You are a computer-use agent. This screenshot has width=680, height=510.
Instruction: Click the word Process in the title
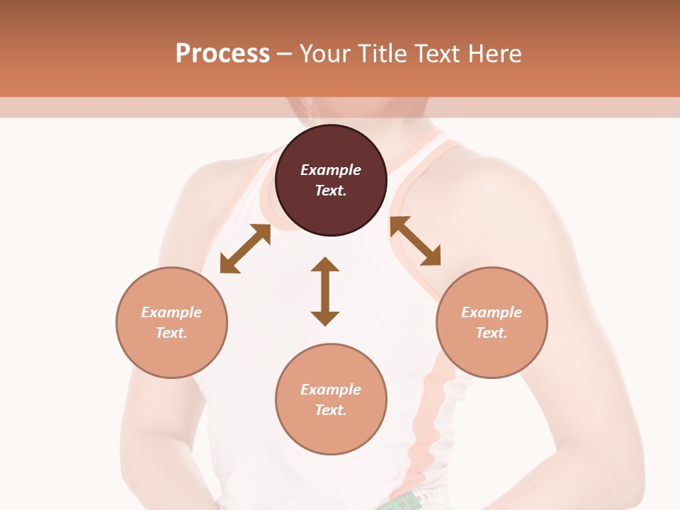tap(222, 54)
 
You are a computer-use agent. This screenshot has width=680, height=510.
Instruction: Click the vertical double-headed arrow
tap(325, 291)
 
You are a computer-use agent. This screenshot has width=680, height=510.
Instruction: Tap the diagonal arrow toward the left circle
tap(245, 249)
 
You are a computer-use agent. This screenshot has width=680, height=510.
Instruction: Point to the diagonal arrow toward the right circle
tap(416, 242)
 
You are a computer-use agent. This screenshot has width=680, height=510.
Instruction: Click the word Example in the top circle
tap(331, 170)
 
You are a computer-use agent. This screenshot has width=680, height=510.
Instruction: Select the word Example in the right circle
tap(492, 312)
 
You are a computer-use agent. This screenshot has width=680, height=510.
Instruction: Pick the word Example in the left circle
tap(171, 312)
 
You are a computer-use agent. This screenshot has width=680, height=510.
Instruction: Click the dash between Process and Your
tap(285, 54)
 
